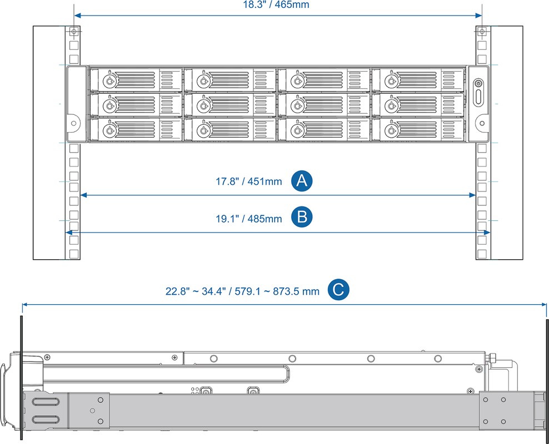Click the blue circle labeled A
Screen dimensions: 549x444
coord(302,181)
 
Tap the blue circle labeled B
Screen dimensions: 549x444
coord(302,217)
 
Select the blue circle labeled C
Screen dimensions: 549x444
coord(338,290)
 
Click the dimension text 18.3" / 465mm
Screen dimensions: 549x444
coord(276,4)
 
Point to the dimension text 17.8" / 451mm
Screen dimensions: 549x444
coord(248,181)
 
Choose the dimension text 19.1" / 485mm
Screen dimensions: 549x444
coord(248,219)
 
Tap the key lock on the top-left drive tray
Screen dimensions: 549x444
coord(109,81)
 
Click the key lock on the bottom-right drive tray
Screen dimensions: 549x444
coord(391,131)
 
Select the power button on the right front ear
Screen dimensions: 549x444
coord(478,84)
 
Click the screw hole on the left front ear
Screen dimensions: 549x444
coord(73,123)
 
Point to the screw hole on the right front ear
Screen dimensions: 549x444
coord(482,123)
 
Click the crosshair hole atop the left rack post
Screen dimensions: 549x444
coord(73,32)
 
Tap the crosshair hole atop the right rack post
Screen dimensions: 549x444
coord(482,32)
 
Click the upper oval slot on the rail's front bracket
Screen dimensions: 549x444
coord(46,401)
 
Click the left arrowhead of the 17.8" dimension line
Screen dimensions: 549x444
coord(84,195)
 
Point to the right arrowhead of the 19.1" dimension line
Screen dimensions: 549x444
coord(486,232)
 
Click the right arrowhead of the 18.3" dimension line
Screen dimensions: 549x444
coord(478,16)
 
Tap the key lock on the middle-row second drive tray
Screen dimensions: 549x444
coord(203,105)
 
